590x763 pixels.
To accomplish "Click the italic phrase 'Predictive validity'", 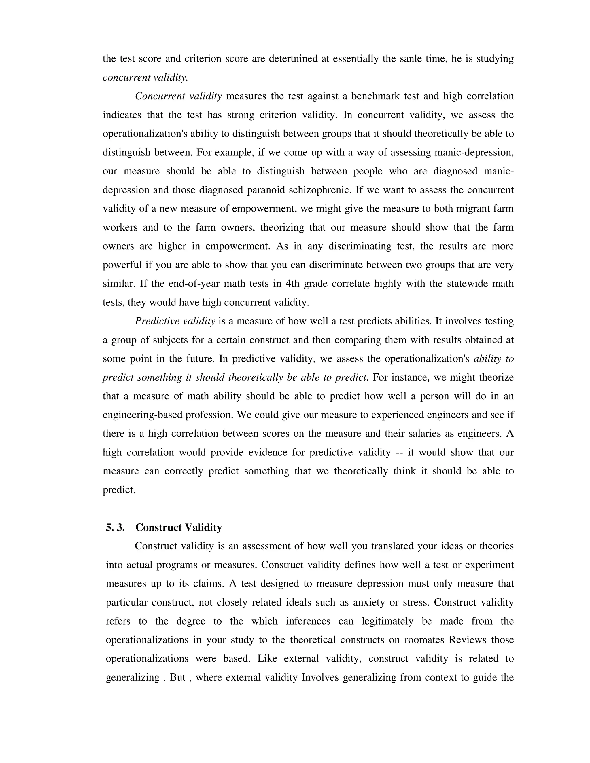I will (x=175, y=321).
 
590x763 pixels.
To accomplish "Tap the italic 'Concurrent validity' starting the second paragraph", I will (x=178, y=96).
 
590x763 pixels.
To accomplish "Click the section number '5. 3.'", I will (x=115, y=527).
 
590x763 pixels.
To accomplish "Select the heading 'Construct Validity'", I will (x=179, y=527).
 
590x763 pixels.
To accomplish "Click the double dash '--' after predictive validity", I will (x=399, y=452).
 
